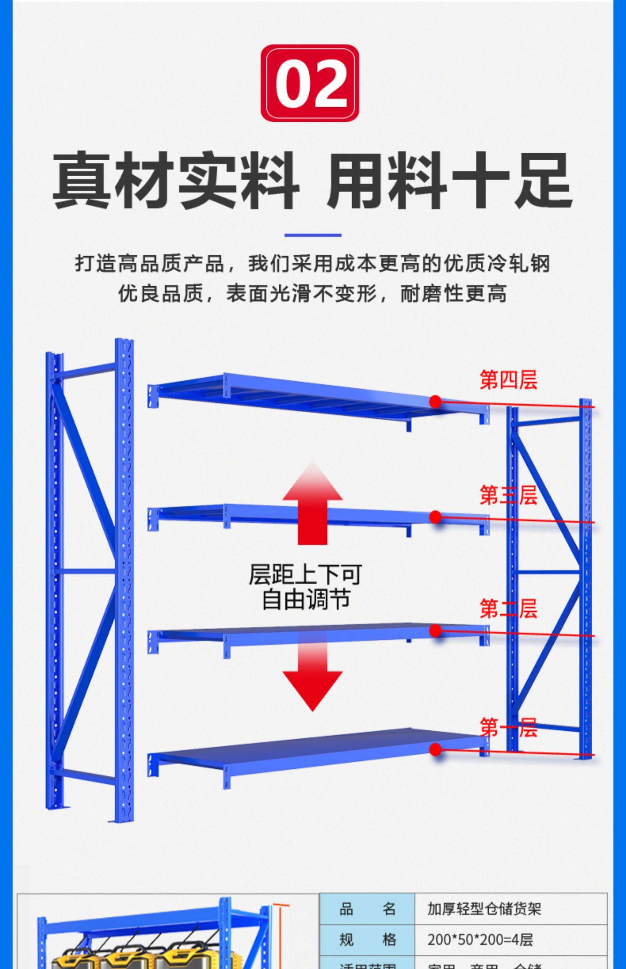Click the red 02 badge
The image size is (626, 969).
310,83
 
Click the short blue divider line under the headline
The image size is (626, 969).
313,235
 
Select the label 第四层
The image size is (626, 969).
508,380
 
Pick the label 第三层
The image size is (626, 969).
508,495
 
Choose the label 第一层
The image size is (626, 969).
508,728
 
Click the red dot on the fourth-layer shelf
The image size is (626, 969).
435,401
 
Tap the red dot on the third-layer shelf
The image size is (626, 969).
435,517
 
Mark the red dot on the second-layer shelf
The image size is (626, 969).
435,631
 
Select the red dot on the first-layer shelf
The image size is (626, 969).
435,749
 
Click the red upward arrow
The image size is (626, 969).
312,503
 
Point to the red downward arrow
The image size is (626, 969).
312,675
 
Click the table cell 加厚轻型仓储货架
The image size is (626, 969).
484,908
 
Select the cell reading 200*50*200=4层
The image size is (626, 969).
480,940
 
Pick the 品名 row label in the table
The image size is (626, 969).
367,908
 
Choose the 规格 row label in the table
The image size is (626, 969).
367,940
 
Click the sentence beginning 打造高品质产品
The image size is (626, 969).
312,263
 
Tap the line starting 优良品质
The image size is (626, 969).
312,293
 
